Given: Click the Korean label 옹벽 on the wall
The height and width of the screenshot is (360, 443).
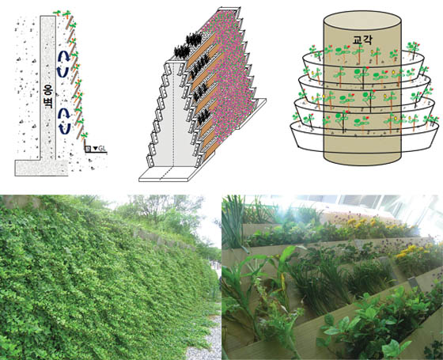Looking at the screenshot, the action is (x=47, y=97).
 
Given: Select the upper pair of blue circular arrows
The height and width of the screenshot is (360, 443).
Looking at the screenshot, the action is (x=63, y=64).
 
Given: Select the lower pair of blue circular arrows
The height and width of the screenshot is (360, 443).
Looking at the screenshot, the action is (x=64, y=121).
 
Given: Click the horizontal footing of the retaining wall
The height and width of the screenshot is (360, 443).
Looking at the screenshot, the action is (x=41, y=168).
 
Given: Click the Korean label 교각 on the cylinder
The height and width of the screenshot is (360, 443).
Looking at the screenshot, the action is (x=362, y=40).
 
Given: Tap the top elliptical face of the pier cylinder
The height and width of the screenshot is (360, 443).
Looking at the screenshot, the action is (x=362, y=21).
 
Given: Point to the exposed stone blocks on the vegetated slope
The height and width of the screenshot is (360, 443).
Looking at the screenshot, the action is (x=162, y=241).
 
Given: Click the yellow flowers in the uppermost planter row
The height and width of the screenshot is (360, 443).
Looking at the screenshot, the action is (x=365, y=223).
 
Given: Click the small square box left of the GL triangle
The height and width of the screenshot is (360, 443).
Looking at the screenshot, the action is (x=88, y=149).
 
